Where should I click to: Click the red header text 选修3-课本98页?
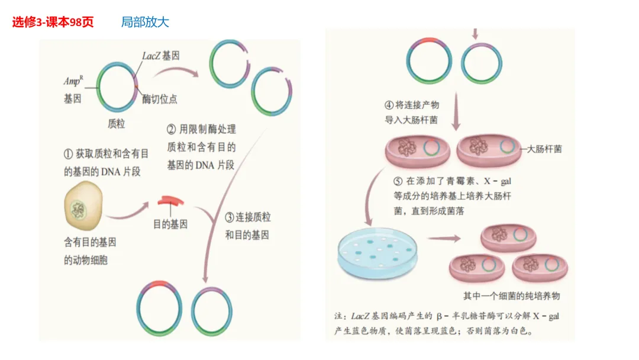click(x=53, y=22)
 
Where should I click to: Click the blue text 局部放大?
click(x=145, y=22)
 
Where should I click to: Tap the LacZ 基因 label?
click(x=161, y=56)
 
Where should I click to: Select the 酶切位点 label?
click(x=159, y=99)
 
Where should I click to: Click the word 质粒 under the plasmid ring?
click(x=116, y=124)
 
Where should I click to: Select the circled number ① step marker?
click(x=69, y=154)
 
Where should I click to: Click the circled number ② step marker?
click(x=171, y=129)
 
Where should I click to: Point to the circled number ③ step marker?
click(x=230, y=217)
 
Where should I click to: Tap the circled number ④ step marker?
click(x=389, y=105)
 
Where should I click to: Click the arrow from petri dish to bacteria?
click(x=444, y=239)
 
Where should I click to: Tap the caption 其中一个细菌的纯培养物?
click(x=511, y=295)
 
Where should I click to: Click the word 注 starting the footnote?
click(x=339, y=316)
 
